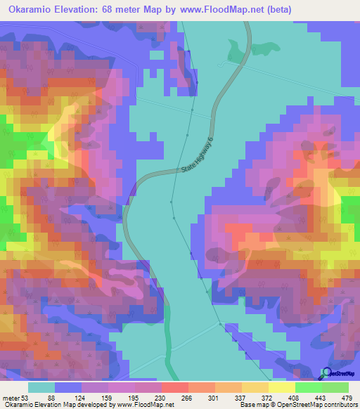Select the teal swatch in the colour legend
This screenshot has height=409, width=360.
pos(41,387)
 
